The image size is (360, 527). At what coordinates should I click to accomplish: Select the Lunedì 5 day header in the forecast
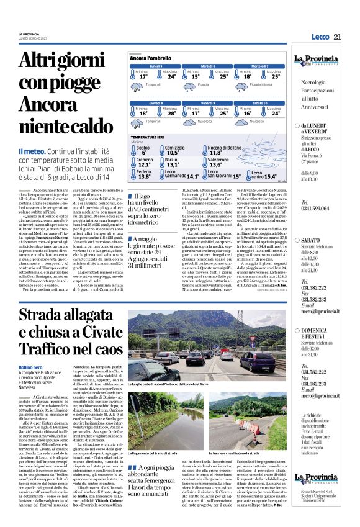[x=156, y=65]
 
